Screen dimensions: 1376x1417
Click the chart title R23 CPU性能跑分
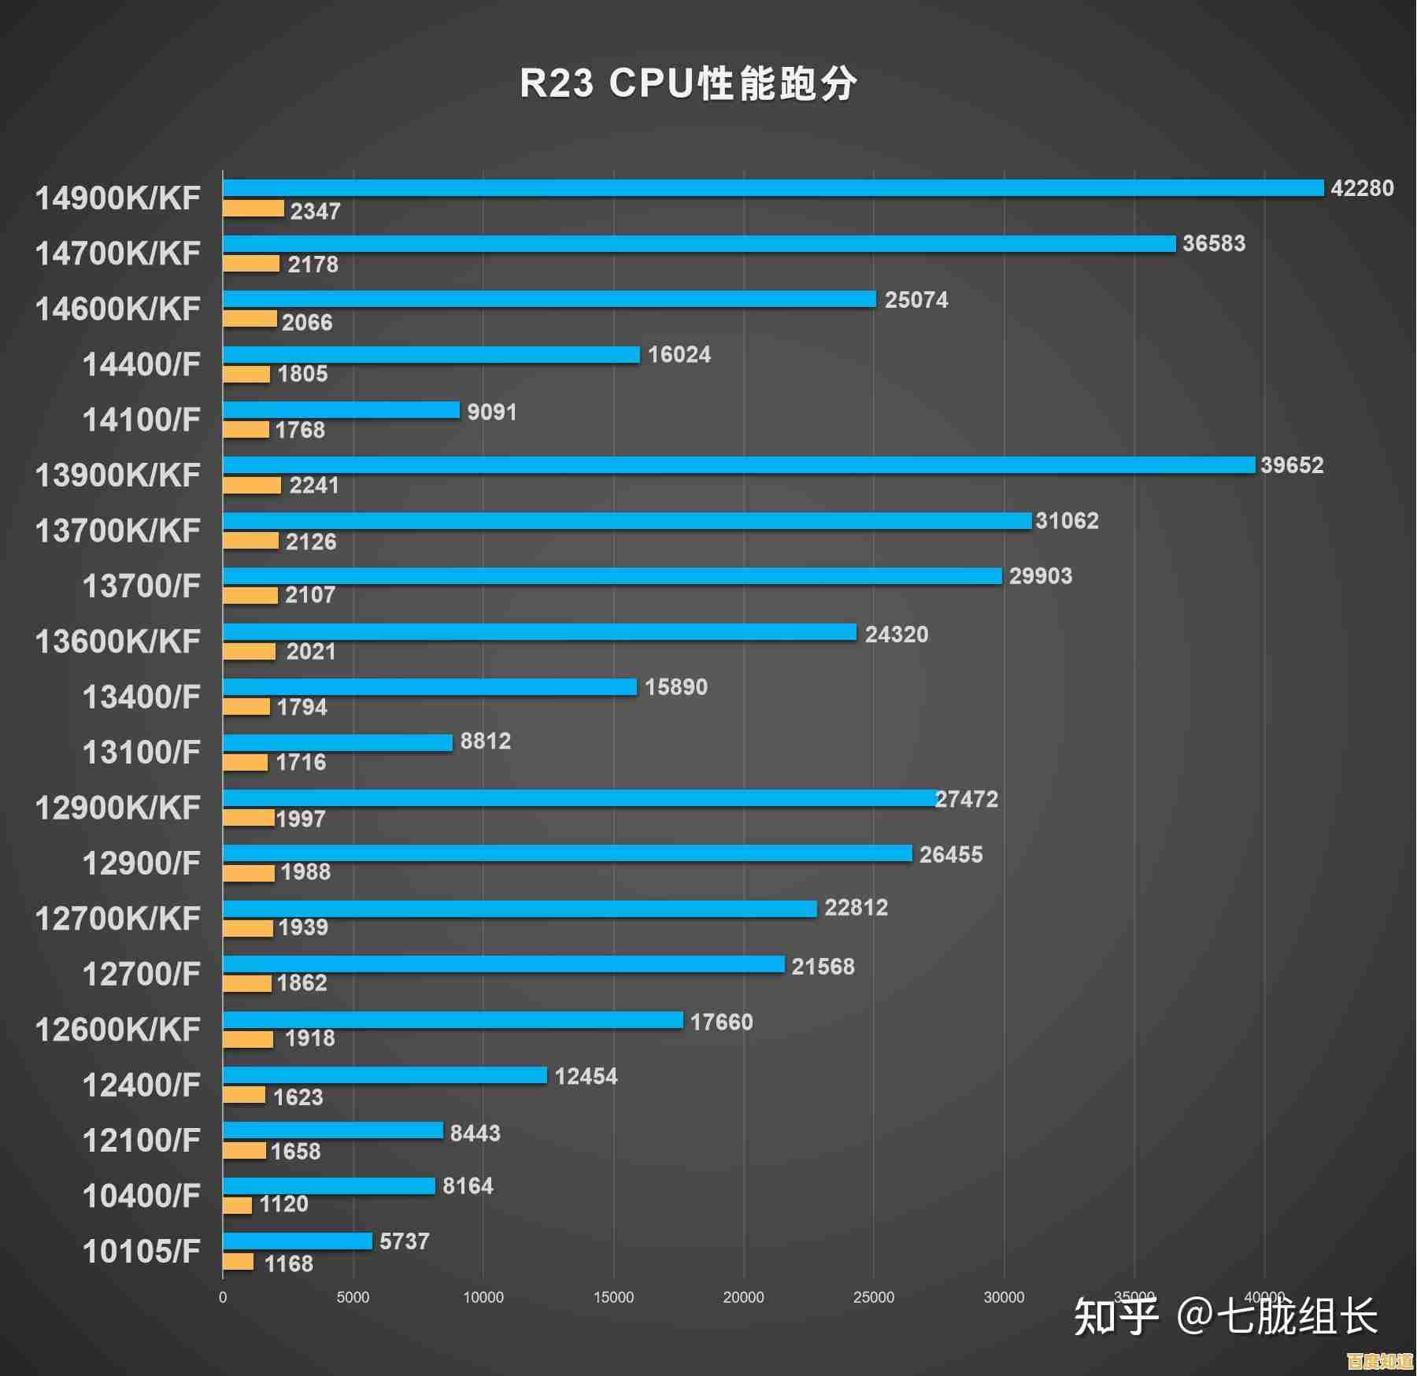coord(688,83)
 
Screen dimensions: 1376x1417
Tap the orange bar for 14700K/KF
coord(251,264)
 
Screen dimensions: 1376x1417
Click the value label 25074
coord(916,300)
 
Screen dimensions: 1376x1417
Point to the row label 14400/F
coord(142,364)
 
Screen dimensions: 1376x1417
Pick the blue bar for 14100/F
coord(341,410)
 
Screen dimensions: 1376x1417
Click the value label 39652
coord(1292,465)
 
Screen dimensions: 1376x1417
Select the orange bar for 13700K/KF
coord(250,541)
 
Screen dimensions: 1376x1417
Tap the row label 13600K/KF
coord(118,642)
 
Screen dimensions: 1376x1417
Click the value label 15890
coord(675,687)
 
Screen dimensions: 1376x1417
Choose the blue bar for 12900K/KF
coord(579,798)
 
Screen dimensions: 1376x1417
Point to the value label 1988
coord(305,871)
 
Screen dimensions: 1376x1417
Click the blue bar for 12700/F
coord(504,964)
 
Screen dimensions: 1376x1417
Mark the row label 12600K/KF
coord(118,1029)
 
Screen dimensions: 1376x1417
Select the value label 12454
coord(586,1076)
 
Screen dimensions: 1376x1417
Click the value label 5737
coord(404,1241)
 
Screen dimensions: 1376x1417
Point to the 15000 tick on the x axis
coord(613,1297)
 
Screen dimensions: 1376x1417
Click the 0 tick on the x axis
coord(223,1297)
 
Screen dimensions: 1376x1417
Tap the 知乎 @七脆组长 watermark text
coord(1225,1316)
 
